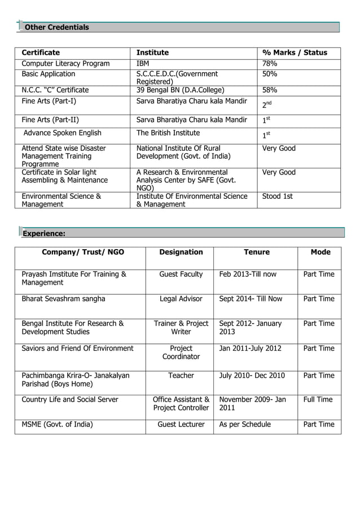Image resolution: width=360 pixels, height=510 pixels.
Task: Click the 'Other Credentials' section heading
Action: [x=56, y=27]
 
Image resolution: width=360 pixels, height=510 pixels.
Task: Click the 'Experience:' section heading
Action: [x=44, y=233]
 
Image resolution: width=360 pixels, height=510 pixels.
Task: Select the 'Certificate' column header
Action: [x=41, y=53]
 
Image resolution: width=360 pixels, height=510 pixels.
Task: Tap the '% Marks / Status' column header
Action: [x=295, y=53]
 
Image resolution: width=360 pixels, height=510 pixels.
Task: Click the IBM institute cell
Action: [x=143, y=64]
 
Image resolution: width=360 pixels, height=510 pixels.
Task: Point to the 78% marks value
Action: [x=270, y=64]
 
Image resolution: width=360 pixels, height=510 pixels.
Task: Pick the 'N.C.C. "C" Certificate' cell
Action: [x=55, y=90]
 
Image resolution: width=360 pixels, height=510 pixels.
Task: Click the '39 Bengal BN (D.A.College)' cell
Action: [x=181, y=90]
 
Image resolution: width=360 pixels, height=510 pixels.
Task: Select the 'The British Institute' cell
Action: [x=168, y=133]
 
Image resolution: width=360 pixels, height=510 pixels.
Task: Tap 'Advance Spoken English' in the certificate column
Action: [x=62, y=133]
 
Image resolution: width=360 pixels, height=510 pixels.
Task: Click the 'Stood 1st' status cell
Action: [x=278, y=197]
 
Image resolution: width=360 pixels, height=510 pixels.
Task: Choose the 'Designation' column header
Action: [x=181, y=252]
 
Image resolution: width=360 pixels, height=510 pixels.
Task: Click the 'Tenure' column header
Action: [x=257, y=252]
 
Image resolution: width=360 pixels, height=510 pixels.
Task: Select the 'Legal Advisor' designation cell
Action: [x=181, y=299]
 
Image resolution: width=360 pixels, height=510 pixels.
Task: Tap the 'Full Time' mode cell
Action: [x=318, y=399]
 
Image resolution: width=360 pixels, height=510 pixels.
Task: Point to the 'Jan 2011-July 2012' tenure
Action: [x=250, y=348]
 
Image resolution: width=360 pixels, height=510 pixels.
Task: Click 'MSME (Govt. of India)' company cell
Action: [x=58, y=424]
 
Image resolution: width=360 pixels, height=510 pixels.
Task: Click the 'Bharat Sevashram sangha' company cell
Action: [x=63, y=299]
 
